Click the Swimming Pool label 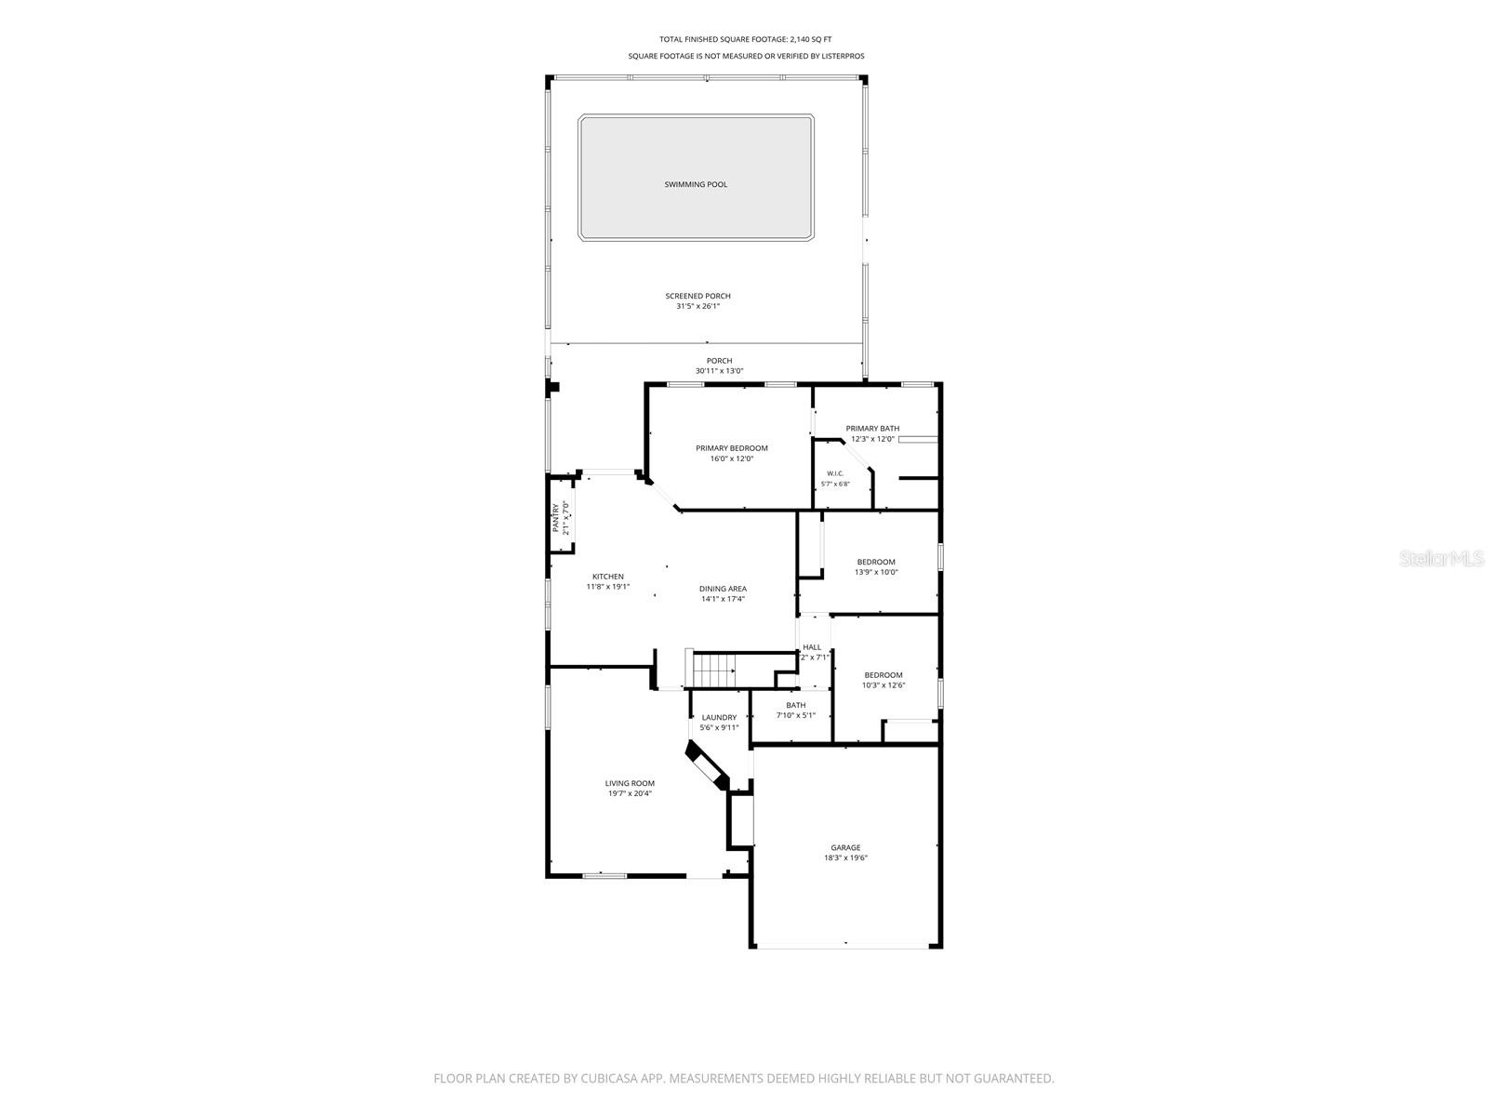click(x=696, y=184)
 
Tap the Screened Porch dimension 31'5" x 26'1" click(x=697, y=306)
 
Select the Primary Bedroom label click(x=732, y=448)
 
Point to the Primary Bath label click(x=872, y=428)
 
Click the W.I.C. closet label click(x=835, y=473)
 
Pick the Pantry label click(x=556, y=518)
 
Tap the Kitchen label click(x=608, y=577)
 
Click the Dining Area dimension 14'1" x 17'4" click(x=723, y=599)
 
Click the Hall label click(x=812, y=647)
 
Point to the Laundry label click(x=719, y=718)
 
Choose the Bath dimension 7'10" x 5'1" click(x=796, y=715)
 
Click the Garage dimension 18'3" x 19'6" click(x=846, y=857)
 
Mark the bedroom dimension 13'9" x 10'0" click(x=877, y=572)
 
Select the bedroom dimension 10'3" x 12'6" click(x=883, y=685)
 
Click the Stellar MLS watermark click(x=1441, y=558)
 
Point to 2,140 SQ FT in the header click(x=811, y=39)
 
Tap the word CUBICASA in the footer click(x=609, y=1078)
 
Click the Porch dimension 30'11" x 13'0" click(x=719, y=371)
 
